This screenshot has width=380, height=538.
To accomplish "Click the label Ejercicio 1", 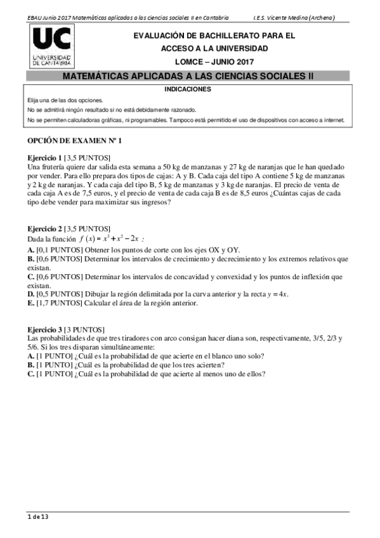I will click(x=44, y=157).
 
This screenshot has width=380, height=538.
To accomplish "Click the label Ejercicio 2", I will click(x=44, y=228).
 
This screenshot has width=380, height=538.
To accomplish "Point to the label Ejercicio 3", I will click(x=44, y=331).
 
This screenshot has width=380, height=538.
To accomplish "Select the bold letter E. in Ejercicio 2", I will click(x=30, y=303).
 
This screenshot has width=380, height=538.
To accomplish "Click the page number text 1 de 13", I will click(x=38, y=516).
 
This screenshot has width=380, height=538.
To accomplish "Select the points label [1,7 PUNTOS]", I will click(x=59, y=303).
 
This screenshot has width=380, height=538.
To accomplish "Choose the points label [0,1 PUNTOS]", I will click(x=59, y=250).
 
